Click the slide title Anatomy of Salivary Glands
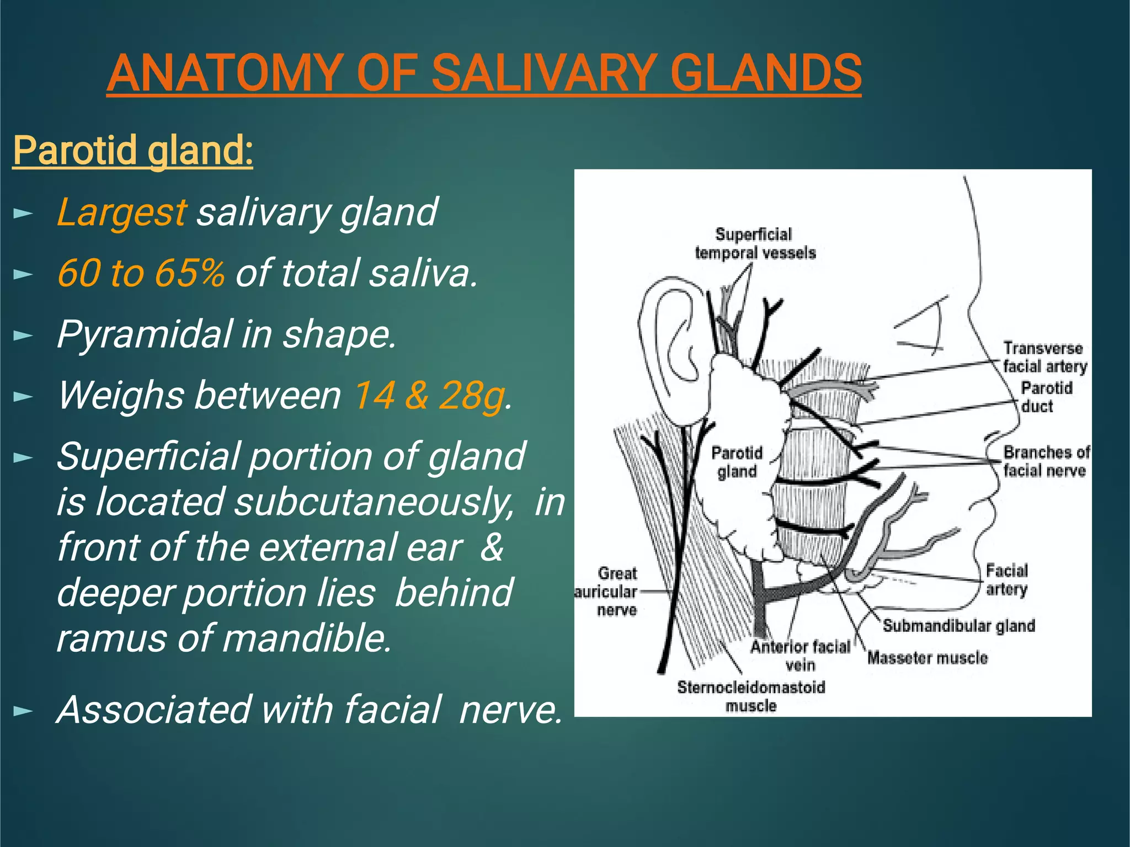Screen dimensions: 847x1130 (x=484, y=73)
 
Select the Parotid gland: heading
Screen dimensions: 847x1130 (x=133, y=150)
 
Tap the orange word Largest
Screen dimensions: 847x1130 (x=121, y=212)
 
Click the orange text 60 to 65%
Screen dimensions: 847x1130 (x=141, y=273)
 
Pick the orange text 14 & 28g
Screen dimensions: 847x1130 (x=429, y=396)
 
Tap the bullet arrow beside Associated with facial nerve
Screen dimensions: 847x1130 (x=23, y=711)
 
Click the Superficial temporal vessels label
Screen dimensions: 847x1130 (x=754, y=243)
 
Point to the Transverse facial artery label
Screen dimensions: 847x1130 (x=1044, y=357)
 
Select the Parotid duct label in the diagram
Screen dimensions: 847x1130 (x=1046, y=397)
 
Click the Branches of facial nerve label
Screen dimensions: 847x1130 (x=1046, y=461)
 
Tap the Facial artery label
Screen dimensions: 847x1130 (x=1007, y=579)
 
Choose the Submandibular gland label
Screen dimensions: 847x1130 (x=958, y=626)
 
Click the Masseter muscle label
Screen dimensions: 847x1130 (x=927, y=658)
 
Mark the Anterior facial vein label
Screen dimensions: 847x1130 (x=800, y=656)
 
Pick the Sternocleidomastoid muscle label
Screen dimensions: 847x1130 (x=751, y=696)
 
